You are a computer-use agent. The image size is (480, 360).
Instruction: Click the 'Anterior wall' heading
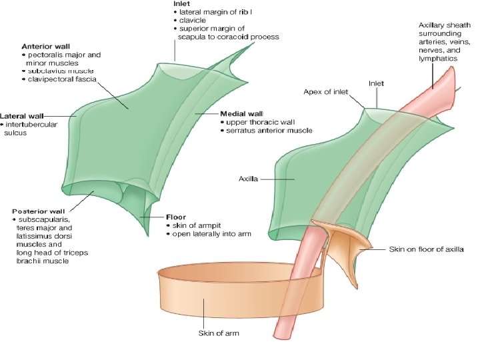click(x=45, y=46)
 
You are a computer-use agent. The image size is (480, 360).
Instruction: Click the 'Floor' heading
click(x=175, y=217)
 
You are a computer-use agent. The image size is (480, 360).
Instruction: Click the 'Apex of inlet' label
click(x=327, y=91)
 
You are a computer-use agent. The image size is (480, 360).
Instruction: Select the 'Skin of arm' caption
click(x=219, y=333)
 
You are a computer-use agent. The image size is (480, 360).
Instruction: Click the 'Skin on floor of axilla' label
click(x=427, y=249)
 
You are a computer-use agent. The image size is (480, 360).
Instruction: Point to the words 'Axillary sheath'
click(x=441, y=25)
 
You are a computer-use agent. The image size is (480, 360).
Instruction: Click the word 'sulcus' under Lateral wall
click(x=15, y=133)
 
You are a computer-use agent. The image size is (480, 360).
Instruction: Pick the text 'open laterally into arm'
click(x=211, y=234)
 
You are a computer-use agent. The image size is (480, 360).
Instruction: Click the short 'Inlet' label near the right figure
click(x=377, y=83)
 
